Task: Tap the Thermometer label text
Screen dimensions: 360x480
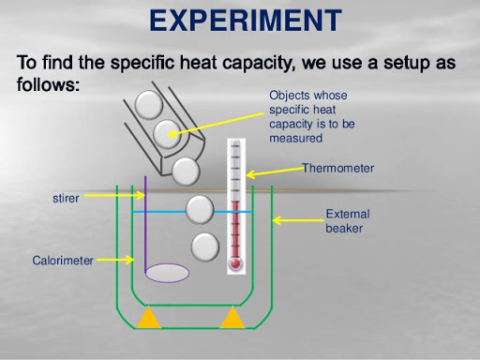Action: (x=337, y=168)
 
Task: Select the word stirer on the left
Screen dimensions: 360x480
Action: (x=67, y=199)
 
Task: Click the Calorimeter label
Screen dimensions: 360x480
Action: (x=63, y=261)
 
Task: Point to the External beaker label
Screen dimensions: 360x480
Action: (x=346, y=219)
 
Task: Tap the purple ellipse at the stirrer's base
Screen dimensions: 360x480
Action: (x=168, y=273)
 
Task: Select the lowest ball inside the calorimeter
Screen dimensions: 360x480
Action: (x=205, y=247)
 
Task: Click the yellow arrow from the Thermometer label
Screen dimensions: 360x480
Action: (x=274, y=172)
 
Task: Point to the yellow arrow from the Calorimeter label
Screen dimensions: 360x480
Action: (x=112, y=261)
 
